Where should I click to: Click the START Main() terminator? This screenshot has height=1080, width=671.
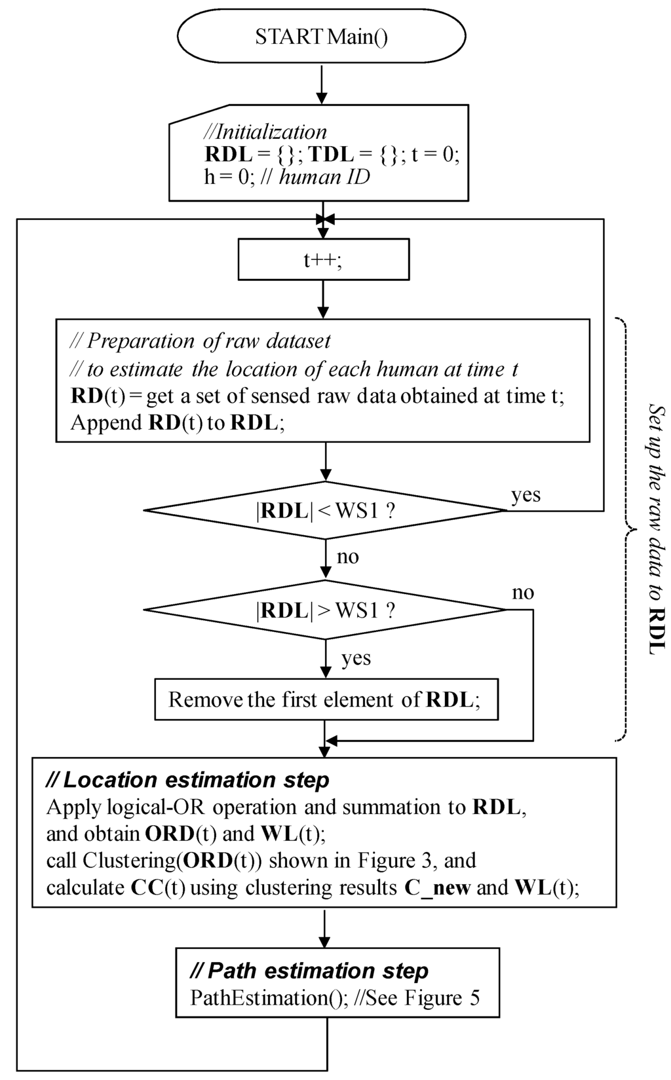321,37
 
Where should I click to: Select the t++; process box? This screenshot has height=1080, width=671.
323,260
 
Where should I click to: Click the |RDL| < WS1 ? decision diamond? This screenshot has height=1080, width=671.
325,510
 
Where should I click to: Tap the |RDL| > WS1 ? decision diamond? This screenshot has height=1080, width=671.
325,610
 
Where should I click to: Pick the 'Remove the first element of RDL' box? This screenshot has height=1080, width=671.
326,699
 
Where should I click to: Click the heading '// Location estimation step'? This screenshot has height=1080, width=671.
187,780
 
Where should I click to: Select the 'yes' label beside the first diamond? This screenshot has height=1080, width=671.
526,494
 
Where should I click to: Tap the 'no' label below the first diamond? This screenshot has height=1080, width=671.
347,557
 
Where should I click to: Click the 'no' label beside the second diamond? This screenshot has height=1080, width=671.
523,593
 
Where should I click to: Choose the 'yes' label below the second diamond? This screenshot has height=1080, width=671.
356,658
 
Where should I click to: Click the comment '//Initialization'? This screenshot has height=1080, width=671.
265,132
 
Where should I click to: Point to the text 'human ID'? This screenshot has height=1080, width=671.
324,177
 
